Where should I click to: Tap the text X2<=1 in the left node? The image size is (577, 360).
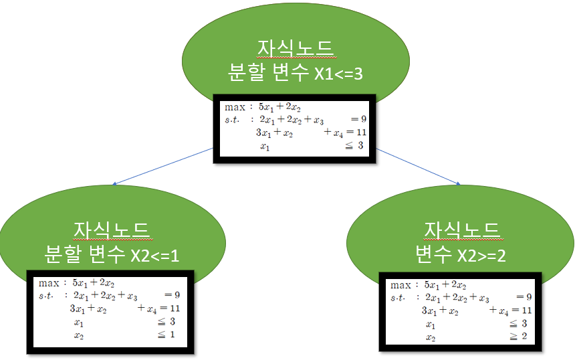[x=155, y=255]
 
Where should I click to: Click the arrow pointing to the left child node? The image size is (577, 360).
[x=161, y=167]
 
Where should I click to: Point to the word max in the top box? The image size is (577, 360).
[x=234, y=106]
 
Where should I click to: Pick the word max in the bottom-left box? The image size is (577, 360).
[x=49, y=282]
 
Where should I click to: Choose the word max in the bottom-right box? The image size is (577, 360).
[x=400, y=284]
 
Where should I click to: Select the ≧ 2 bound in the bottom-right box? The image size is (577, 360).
[x=521, y=337]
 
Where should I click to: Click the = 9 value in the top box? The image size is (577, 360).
[x=358, y=120]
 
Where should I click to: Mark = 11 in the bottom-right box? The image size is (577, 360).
[x=519, y=310]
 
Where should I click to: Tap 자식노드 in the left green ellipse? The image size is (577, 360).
[x=112, y=231]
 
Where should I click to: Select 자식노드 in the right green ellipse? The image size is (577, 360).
[x=462, y=231]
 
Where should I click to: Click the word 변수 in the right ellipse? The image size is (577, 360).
[x=435, y=254]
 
